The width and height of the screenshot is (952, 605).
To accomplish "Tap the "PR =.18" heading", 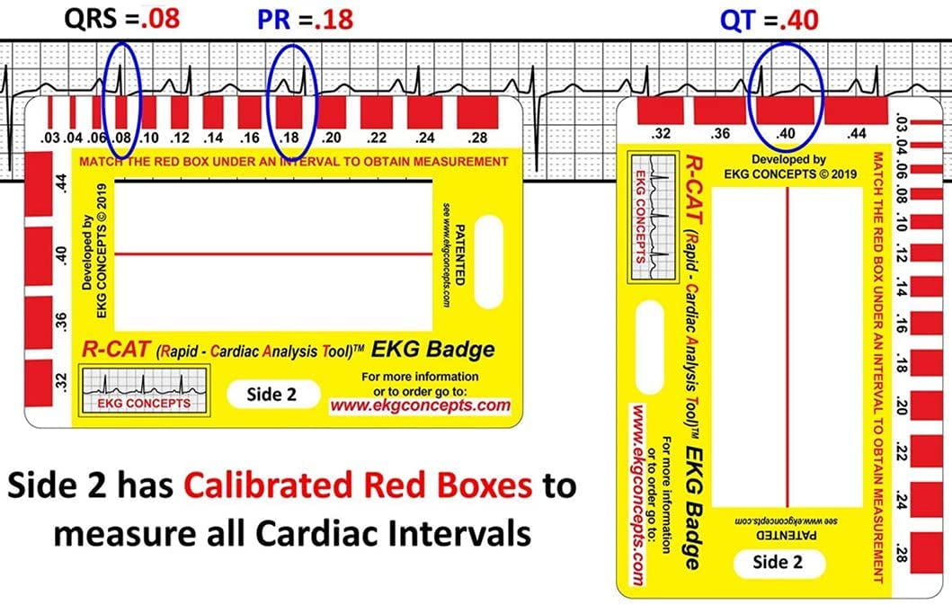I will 305,19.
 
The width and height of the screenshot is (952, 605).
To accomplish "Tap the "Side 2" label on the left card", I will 271,394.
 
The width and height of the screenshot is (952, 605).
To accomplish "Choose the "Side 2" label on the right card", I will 779,564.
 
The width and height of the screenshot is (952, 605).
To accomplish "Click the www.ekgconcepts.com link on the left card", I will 420,405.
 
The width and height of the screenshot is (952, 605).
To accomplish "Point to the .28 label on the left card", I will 478,138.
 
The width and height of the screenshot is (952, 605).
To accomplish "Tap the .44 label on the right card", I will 856,133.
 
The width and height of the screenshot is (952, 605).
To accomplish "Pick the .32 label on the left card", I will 61,380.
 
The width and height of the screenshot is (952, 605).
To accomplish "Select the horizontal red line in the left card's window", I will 274,254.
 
